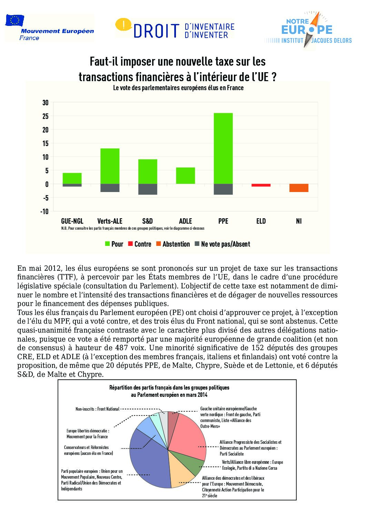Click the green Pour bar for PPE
click(223, 148)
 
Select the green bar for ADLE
click(185, 175)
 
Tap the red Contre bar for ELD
click(261, 185)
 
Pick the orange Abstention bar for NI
click(299, 188)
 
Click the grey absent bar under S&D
click(148, 189)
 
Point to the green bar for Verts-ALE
click(110, 166)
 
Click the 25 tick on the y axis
click(46, 116)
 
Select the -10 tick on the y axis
click(45, 211)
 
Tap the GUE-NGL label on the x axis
click(72, 221)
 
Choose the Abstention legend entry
click(172, 244)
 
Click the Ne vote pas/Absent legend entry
click(222, 244)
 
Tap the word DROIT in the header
click(157, 31)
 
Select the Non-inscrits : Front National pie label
click(97, 409)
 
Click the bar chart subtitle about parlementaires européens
click(178, 88)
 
